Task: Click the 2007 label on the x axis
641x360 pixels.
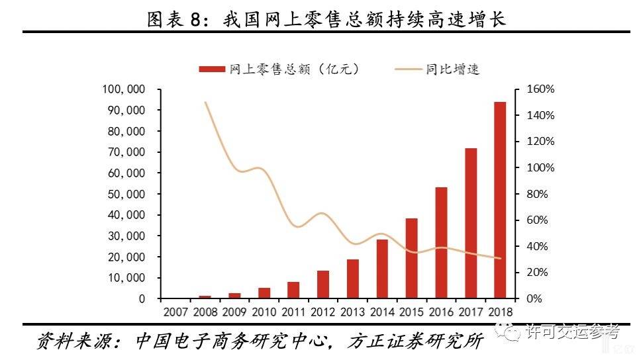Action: (x=175, y=310)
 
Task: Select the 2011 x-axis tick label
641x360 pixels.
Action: (x=293, y=310)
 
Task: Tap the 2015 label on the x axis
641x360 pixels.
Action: (x=411, y=310)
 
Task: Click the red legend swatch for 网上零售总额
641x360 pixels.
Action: (x=211, y=69)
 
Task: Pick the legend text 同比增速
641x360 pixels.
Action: (x=452, y=69)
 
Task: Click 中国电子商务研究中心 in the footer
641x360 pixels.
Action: (x=232, y=341)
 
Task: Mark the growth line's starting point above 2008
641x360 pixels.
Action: (x=205, y=103)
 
